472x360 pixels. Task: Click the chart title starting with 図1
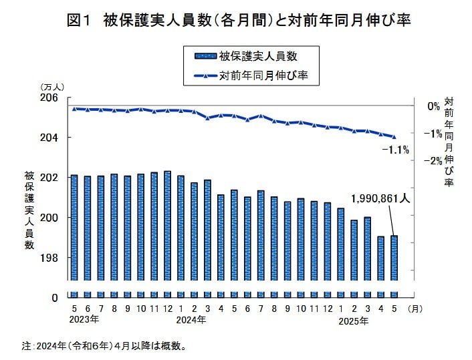[238, 21]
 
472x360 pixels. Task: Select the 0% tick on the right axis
[435, 106]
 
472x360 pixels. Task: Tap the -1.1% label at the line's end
[394, 150]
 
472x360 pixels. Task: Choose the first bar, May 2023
[74, 226]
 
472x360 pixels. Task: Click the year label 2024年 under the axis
[192, 320]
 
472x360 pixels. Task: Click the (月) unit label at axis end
[415, 309]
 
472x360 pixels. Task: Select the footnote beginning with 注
[104, 346]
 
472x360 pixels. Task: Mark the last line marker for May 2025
[394, 137]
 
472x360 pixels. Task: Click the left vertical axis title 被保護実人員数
[29, 210]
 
